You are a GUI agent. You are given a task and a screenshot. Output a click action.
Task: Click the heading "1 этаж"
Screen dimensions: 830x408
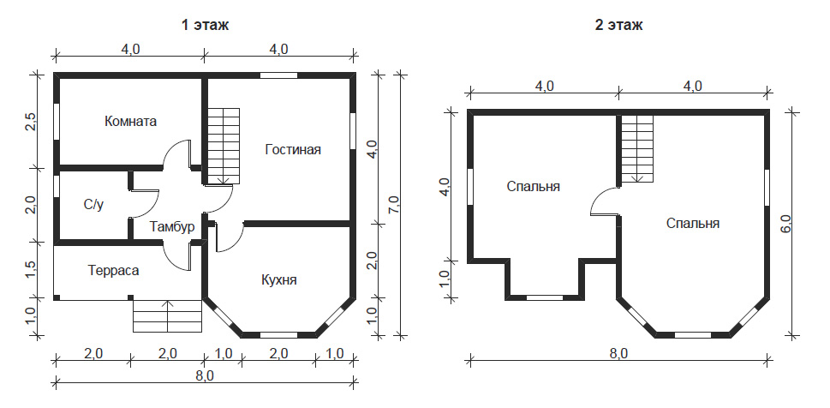(x=205, y=25)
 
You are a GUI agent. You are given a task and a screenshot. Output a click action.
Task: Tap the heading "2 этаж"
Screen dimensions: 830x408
(x=618, y=25)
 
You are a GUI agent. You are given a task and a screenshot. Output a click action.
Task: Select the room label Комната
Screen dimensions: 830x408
(x=131, y=122)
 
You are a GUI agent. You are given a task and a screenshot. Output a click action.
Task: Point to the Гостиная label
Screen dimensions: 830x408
(x=293, y=149)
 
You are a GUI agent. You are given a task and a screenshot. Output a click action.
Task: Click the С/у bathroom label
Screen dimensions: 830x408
(x=93, y=205)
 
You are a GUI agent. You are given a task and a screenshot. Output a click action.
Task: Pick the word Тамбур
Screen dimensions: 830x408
(x=172, y=227)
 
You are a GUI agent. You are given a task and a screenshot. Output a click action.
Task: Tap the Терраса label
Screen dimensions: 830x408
(x=114, y=271)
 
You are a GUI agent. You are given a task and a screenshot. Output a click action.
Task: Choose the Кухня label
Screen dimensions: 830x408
(x=279, y=280)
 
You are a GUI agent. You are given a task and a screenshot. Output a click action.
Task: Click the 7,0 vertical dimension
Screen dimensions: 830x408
(x=393, y=204)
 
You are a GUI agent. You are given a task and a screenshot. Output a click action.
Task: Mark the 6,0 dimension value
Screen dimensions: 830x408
(x=785, y=224)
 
